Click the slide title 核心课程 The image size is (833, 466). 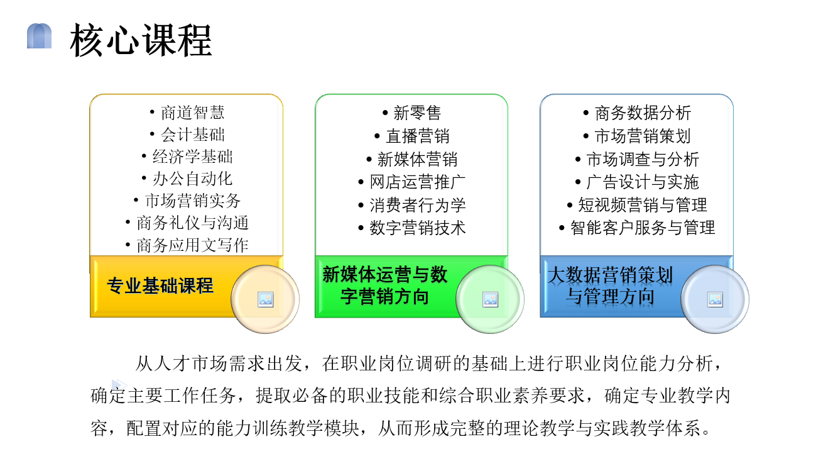coord(141,40)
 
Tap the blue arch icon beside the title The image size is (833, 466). coord(39,36)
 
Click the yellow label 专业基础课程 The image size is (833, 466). coord(160,286)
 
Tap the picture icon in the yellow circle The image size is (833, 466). coord(266,299)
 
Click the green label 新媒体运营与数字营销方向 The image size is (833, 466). coord(384,286)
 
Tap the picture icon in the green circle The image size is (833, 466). coord(490,299)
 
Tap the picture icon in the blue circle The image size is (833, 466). coord(715,299)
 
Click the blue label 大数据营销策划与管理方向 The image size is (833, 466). coord(610,286)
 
